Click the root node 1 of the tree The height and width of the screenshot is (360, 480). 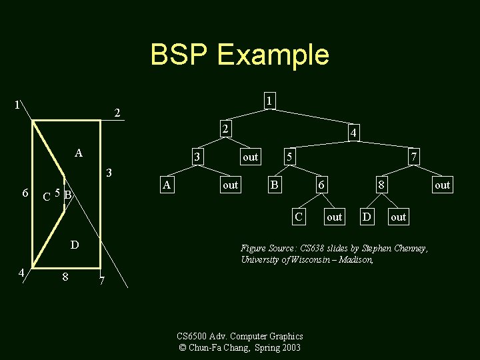click(x=268, y=101)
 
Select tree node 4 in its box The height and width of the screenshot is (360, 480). click(x=355, y=134)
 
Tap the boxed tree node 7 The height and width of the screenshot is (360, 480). click(x=414, y=157)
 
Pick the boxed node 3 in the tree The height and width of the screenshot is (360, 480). click(x=197, y=157)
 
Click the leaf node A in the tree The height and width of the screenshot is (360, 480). click(x=168, y=185)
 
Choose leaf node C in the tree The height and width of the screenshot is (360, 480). click(x=300, y=217)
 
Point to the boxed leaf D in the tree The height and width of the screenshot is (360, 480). click(x=366, y=217)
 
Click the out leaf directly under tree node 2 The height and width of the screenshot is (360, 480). click(x=250, y=157)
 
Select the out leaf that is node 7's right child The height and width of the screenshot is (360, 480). click(x=442, y=185)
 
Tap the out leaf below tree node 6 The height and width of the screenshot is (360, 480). click(x=334, y=217)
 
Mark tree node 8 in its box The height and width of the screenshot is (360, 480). click(x=381, y=185)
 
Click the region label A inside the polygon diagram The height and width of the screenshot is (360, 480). click(x=79, y=153)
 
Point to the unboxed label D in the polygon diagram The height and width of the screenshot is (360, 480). click(x=75, y=245)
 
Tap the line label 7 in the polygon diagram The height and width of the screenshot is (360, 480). click(x=101, y=280)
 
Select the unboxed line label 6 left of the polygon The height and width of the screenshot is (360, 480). click(x=25, y=193)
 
